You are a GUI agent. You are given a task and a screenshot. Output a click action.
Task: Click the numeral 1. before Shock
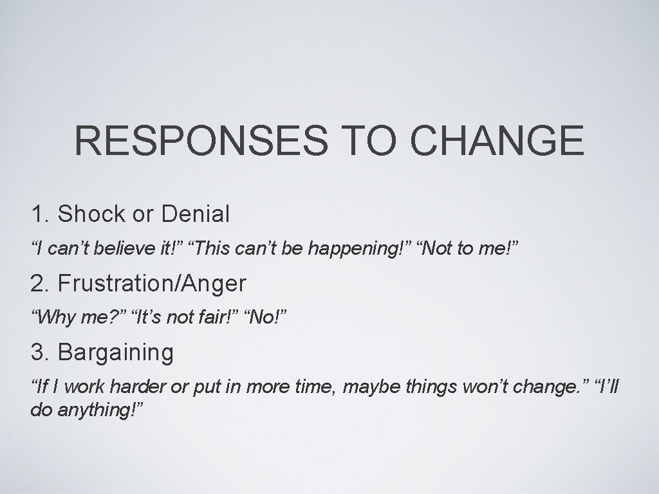41,214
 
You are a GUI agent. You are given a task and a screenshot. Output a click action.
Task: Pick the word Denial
196,214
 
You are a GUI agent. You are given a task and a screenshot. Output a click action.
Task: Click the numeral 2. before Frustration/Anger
41,283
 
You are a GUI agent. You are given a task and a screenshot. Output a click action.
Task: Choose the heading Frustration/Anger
152,283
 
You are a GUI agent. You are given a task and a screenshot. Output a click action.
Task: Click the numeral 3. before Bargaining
41,352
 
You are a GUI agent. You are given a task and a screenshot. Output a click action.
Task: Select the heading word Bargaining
116,352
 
